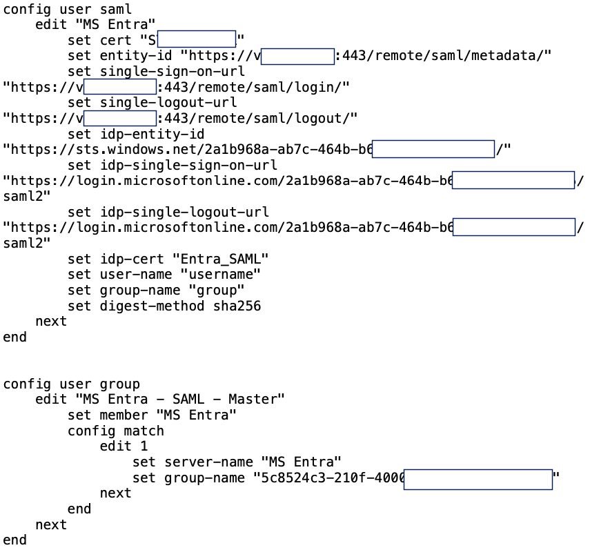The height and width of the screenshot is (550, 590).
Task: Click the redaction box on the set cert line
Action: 197,39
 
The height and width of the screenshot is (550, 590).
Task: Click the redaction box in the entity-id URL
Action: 297,56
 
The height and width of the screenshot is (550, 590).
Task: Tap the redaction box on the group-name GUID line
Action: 478,479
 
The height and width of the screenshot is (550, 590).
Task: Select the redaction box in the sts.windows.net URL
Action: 433,149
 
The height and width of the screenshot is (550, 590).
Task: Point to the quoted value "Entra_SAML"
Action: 220,259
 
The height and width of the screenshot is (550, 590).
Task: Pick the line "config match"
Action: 115,431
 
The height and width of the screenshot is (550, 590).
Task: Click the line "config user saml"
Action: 68,10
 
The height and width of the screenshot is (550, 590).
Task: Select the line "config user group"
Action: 72,384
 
